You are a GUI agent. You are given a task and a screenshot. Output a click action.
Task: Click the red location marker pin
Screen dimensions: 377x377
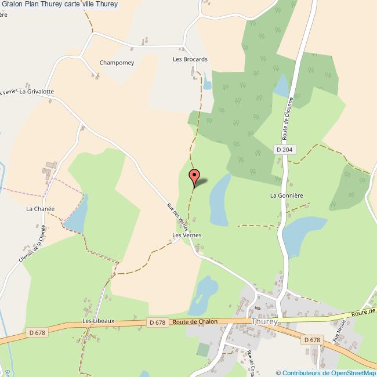(195, 176)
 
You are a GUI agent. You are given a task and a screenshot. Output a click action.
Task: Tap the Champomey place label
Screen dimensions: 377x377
(117, 63)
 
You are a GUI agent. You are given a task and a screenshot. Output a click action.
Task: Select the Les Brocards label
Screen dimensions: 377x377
(190, 59)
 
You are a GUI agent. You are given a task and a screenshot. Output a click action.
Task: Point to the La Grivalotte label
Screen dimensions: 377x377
(37, 92)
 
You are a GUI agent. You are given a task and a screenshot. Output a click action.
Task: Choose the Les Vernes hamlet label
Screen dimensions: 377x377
(187, 235)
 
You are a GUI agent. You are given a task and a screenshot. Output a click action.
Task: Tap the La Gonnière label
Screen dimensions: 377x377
(287, 195)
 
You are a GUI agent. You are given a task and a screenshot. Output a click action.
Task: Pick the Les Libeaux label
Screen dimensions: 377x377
(99, 321)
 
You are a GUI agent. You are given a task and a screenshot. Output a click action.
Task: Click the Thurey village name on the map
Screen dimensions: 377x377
(264, 321)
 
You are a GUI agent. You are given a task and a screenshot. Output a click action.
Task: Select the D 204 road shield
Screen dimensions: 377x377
(285, 150)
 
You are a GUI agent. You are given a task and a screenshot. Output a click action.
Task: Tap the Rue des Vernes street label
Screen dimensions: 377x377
(177, 216)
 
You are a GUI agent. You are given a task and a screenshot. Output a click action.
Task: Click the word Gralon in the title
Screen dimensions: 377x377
(13, 4)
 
